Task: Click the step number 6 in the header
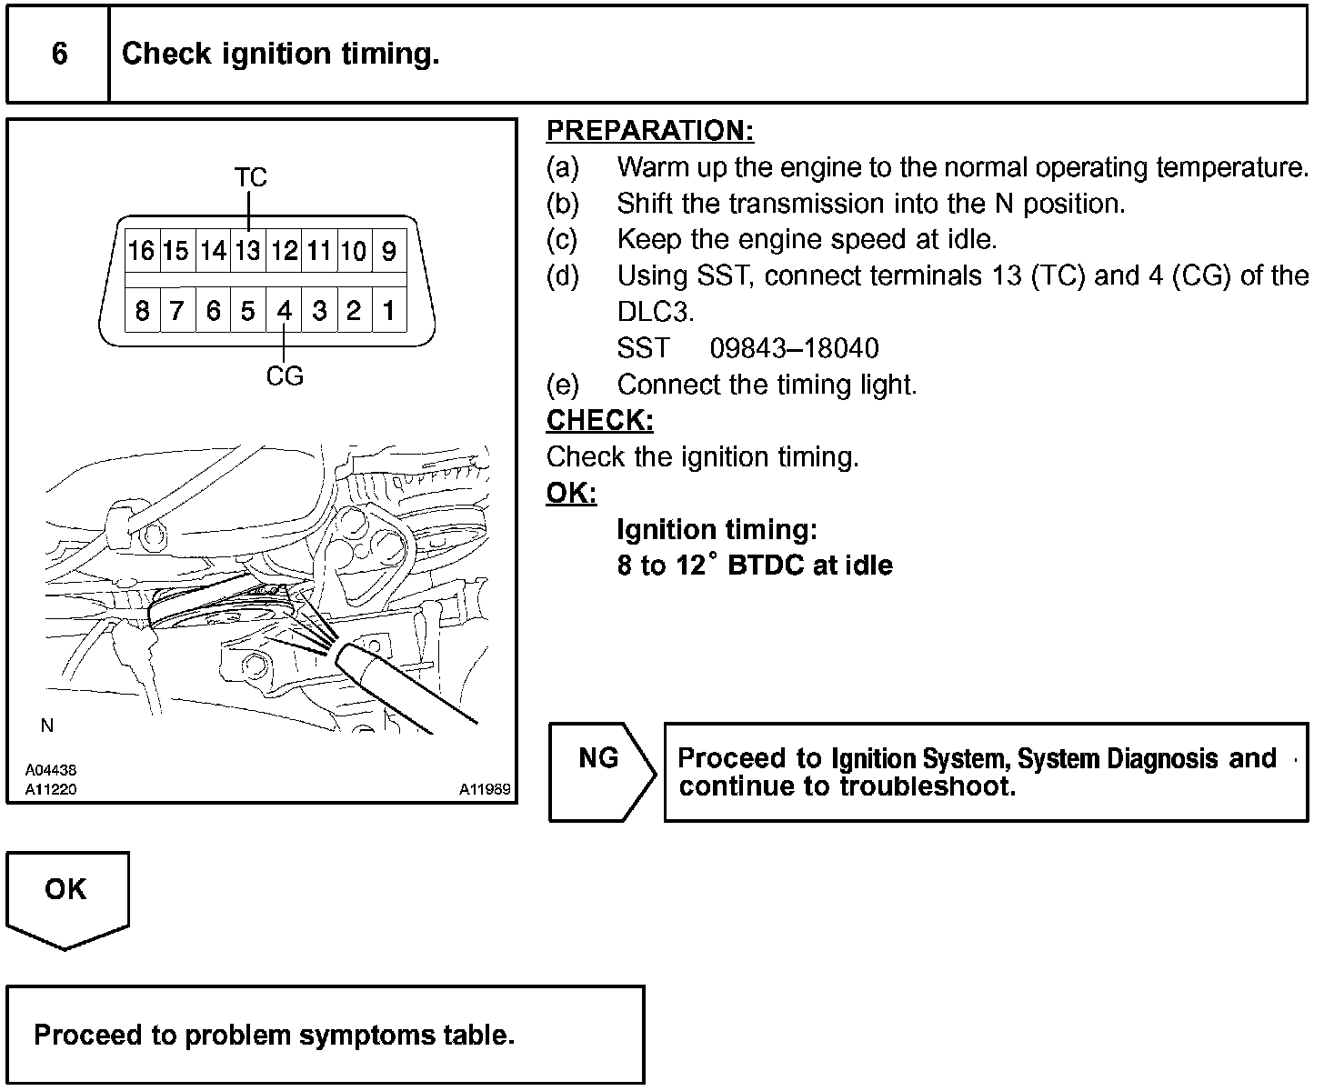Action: [x=59, y=54]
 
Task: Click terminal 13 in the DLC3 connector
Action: [x=248, y=250]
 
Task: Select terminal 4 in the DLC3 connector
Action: [x=284, y=311]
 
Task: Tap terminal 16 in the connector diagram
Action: [x=142, y=250]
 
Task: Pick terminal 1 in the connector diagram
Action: [x=389, y=311]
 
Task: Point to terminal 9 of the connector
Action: [x=389, y=250]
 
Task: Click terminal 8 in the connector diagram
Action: [x=142, y=311]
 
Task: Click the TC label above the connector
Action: [x=250, y=176]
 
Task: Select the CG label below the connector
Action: [x=285, y=375]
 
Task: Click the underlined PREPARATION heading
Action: [x=650, y=131]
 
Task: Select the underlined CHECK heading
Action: [x=599, y=420]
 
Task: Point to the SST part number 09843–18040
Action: [x=794, y=348]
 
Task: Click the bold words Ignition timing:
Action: [x=717, y=529]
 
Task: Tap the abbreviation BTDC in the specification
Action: [x=766, y=566]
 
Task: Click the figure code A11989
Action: [x=485, y=789]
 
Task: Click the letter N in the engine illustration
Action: [x=47, y=726]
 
